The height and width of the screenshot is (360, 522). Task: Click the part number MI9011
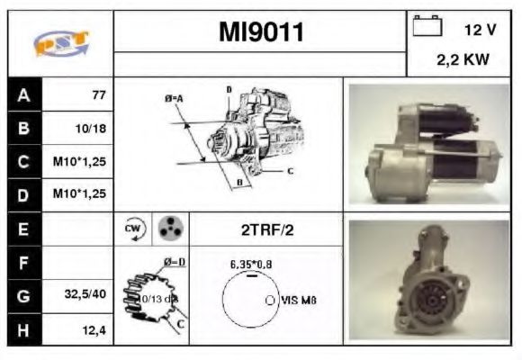pyautogui.click(x=261, y=33)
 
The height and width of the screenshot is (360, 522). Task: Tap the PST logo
pyautogui.click(x=59, y=43)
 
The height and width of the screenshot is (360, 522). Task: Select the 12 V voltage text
pyautogui.click(x=480, y=30)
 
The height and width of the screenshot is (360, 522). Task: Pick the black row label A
pyautogui.click(x=23, y=94)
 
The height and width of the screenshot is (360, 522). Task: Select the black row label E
pyautogui.click(x=23, y=229)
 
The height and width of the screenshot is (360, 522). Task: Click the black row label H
pyautogui.click(x=23, y=329)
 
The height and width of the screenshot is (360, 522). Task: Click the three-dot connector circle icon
pyautogui.click(x=168, y=229)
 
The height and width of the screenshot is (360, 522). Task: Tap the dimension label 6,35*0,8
pyautogui.click(x=250, y=265)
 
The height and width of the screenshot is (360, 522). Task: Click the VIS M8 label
pyautogui.click(x=299, y=301)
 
